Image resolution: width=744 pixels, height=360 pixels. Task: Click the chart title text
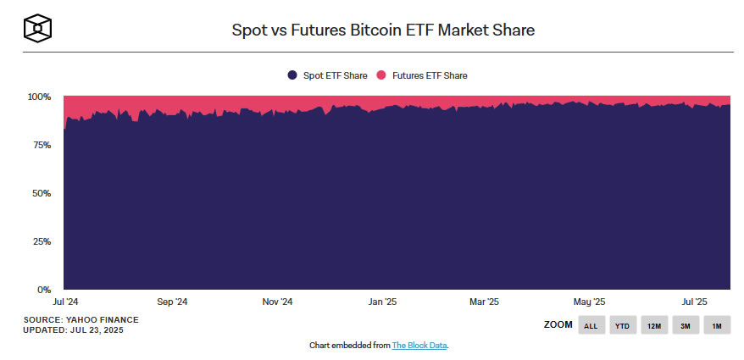[x=383, y=30]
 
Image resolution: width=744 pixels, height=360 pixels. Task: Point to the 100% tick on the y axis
[x=40, y=97]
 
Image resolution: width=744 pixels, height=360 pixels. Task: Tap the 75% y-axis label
[x=42, y=145]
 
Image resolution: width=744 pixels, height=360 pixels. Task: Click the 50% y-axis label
[x=42, y=193]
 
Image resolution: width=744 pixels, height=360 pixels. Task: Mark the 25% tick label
[x=42, y=241]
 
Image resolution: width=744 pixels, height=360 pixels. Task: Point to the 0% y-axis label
[x=45, y=290]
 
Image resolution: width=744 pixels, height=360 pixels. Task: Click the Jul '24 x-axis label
[x=65, y=302]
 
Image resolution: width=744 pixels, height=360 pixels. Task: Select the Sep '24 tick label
[x=172, y=302]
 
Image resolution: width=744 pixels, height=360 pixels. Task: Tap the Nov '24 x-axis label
[x=277, y=302]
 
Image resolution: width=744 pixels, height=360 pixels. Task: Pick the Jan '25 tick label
[x=383, y=302]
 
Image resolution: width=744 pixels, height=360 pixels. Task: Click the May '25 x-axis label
[x=589, y=302]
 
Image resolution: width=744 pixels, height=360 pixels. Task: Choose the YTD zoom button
[x=623, y=325]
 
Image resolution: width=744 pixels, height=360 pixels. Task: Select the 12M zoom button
[x=653, y=325]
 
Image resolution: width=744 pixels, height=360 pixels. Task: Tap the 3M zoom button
[x=685, y=325]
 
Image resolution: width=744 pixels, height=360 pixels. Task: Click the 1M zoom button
[x=716, y=325]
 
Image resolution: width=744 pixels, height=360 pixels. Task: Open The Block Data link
[x=419, y=346]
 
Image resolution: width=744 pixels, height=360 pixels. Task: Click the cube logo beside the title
[x=37, y=29]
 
